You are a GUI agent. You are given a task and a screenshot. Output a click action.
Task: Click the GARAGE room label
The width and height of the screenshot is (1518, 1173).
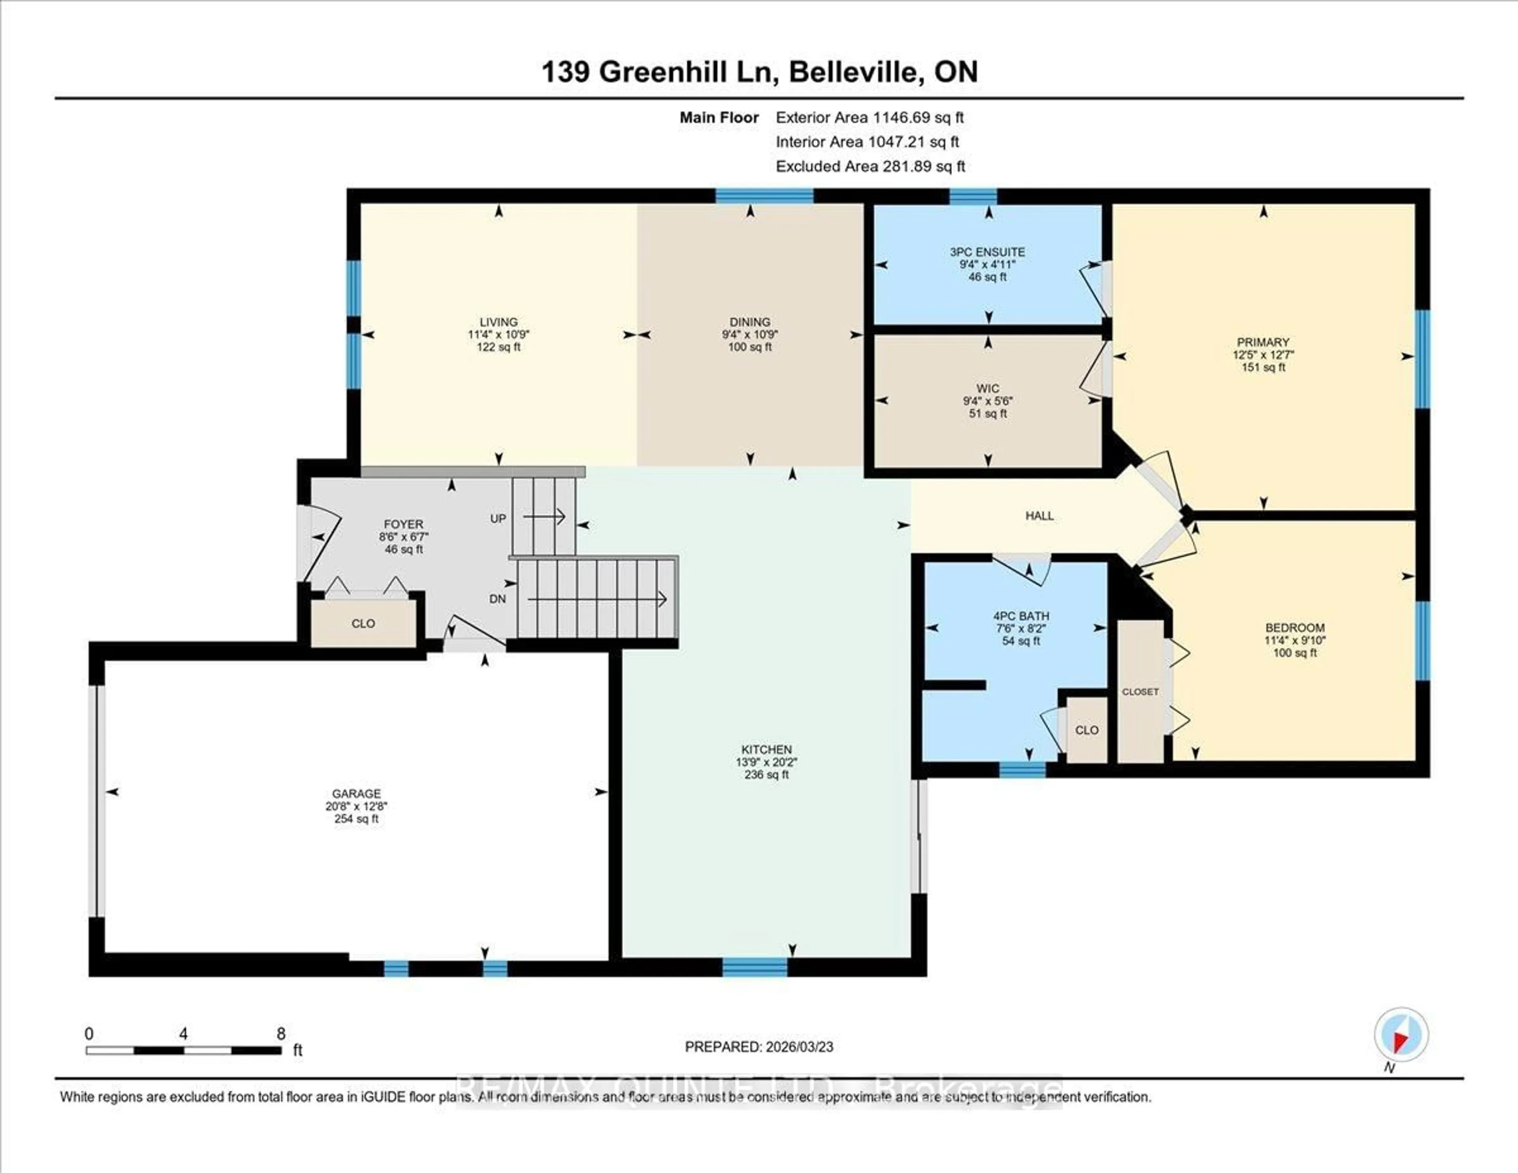click(356, 793)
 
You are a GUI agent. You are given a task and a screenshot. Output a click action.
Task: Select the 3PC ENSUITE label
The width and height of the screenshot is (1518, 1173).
click(987, 252)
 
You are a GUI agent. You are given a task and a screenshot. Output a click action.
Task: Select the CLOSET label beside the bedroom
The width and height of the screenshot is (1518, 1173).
click(1140, 692)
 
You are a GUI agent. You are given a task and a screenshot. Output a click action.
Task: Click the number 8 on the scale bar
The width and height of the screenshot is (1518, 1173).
click(281, 1034)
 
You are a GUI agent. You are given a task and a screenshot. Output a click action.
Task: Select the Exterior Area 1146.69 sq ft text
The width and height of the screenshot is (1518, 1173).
click(870, 117)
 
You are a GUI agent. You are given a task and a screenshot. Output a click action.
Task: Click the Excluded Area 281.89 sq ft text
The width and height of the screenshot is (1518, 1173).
click(870, 166)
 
